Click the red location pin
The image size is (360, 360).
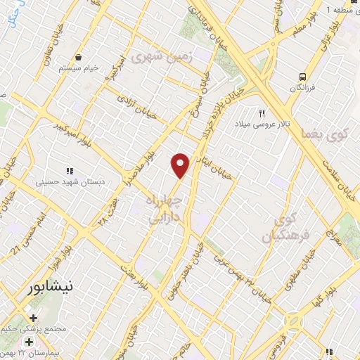pyautogui.click(x=181, y=165)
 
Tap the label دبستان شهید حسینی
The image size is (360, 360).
pyautogui.click(x=67, y=181)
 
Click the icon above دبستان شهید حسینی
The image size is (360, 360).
pyautogui.click(x=69, y=170)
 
